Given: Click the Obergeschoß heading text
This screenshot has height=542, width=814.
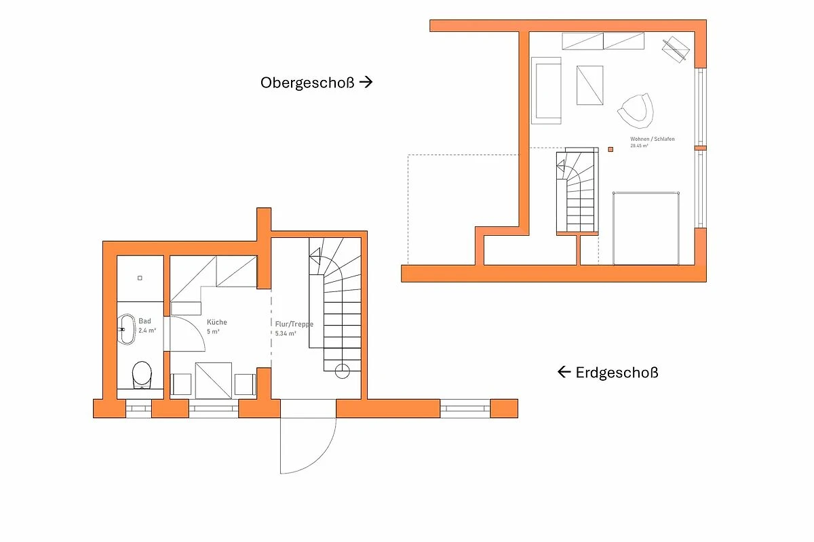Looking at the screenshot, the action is [x=307, y=83].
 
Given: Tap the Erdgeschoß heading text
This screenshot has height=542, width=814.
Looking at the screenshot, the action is [x=617, y=373].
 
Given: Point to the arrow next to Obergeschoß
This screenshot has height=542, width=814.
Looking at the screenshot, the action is [x=366, y=82].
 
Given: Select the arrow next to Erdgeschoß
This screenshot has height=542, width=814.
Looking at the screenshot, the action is [x=564, y=372].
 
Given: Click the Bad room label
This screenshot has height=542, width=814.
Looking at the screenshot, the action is [x=144, y=321].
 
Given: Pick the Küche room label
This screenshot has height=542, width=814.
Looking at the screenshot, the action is [x=217, y=322].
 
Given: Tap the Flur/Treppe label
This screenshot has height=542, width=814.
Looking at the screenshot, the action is [x=294, y=324].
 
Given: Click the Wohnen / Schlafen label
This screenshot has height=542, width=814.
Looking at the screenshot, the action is [x=653, y=139].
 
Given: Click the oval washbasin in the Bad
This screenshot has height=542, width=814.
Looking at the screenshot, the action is [x=126, y=329].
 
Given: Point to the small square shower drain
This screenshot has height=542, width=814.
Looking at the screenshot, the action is [x=140, y=278].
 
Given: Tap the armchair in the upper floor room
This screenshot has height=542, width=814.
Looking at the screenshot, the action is [x=636, y=111].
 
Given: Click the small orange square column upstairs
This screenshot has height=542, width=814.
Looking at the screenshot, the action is [x=610, y=149].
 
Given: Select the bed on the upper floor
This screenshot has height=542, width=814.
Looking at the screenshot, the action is [x=646, y=228].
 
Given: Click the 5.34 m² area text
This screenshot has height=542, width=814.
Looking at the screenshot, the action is [x=286, y=333].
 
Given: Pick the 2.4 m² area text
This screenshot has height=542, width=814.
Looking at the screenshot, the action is [x=147, y=331].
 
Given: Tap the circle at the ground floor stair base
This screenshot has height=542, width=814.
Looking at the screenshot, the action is [x=342, y=371].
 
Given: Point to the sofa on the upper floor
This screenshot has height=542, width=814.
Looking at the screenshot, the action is [x=546, y=91].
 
